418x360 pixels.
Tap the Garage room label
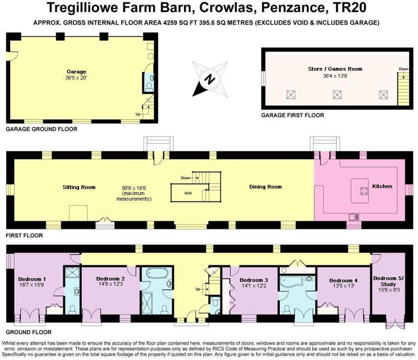77,72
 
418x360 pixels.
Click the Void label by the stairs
188,193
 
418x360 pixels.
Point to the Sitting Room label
79,187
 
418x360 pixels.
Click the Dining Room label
265,187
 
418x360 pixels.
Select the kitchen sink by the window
354,216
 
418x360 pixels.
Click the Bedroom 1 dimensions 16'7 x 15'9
31,285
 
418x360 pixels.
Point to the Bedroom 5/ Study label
388,281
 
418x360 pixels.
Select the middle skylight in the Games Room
337,95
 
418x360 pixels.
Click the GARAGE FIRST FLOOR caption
293,115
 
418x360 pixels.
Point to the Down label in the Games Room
404,69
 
